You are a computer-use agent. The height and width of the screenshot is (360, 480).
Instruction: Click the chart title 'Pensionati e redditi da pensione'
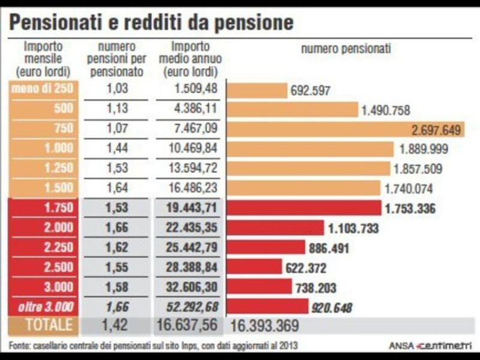pyautogui.click(x=152, y=22)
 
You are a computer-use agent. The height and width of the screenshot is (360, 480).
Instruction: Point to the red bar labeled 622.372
pyautogui.click(x=254, y=267)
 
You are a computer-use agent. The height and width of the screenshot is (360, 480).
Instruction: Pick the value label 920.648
pyautogui.click(x=332, y=308)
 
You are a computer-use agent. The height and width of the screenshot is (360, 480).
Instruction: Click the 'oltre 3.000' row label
pyautogui.click(x=44, y=307)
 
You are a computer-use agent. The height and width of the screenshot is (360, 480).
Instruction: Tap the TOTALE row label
pyautogui.click(x=43, y=325)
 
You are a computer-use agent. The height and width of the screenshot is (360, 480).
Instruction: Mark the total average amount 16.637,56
pyautogui.click(x=188, y=325)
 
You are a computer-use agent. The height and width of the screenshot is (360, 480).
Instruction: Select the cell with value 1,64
pyautogui.click(x=118, y=188)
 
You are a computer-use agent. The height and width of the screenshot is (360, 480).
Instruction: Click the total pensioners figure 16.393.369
pyautogui.click(x=265, y=326)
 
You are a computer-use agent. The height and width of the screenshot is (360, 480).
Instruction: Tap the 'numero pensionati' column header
pyautogui.click(x=346, y=49)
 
